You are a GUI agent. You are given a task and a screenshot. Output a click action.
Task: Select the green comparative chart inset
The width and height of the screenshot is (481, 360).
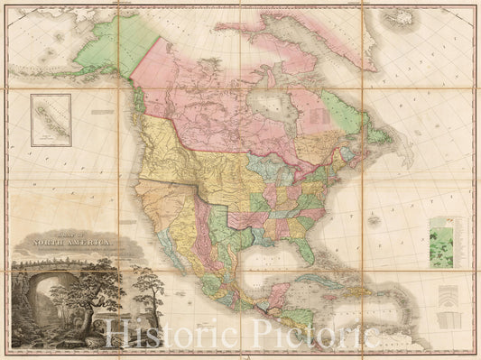[441, 241]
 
